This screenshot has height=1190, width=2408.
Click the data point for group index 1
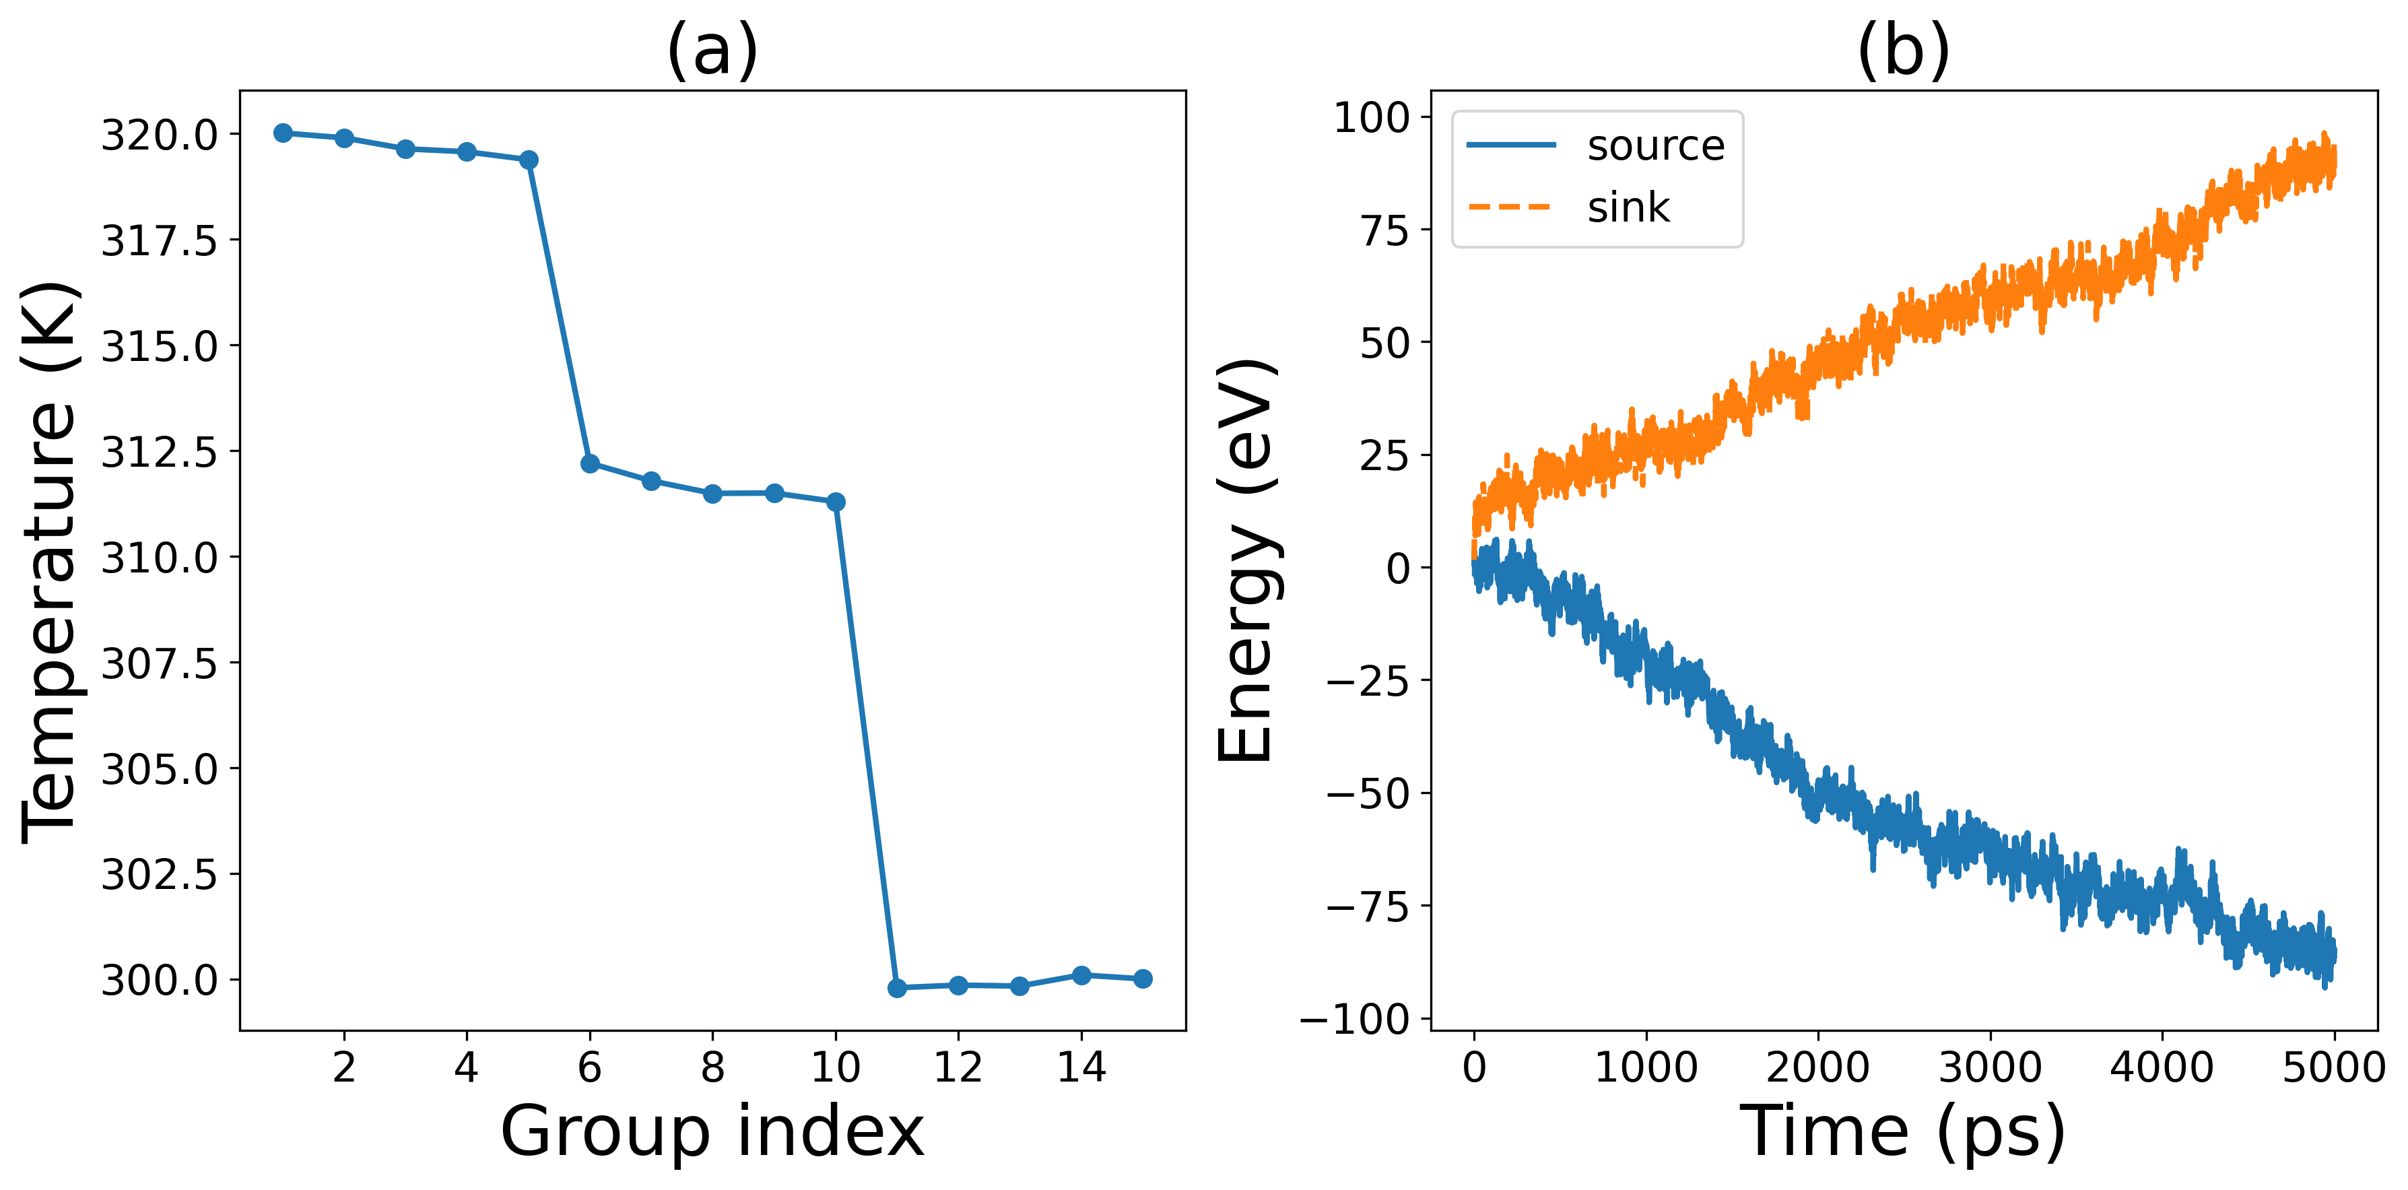pos(283,133)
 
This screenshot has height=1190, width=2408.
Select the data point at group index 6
pos(590,463)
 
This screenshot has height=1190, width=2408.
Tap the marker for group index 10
pos(836,502)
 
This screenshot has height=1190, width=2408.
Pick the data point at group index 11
pos(898,988)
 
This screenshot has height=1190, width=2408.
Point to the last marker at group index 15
pos(1142,979)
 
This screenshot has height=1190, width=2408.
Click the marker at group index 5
pos(528,160)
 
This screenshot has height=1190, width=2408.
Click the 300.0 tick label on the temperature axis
pos(159,981)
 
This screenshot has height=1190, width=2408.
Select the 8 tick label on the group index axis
pos(712,1067)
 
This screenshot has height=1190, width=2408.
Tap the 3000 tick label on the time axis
pos(1989,1067)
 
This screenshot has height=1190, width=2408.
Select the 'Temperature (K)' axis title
pos(51,561)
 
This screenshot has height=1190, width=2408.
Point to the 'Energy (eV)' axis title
pos(1245,561)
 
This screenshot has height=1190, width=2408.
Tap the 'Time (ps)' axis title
pos(1902,1132)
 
